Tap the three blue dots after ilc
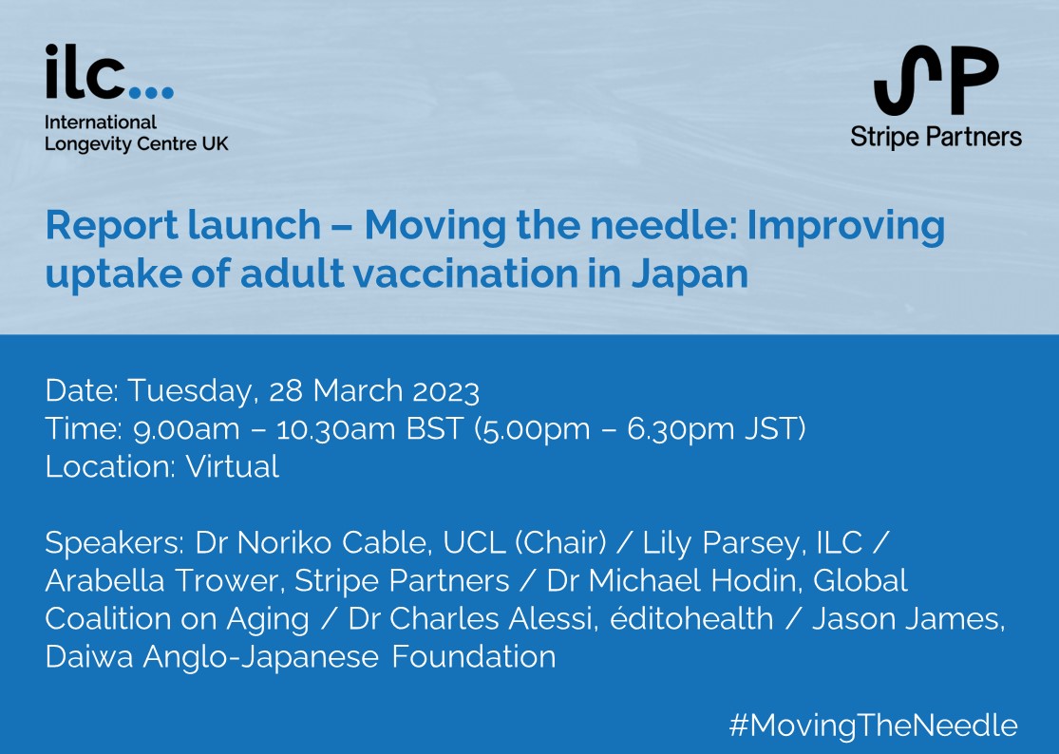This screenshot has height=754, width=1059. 151,92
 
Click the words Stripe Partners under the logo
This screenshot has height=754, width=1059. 936,137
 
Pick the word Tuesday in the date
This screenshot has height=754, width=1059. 193,390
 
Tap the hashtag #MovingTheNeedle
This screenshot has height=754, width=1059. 873,726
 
